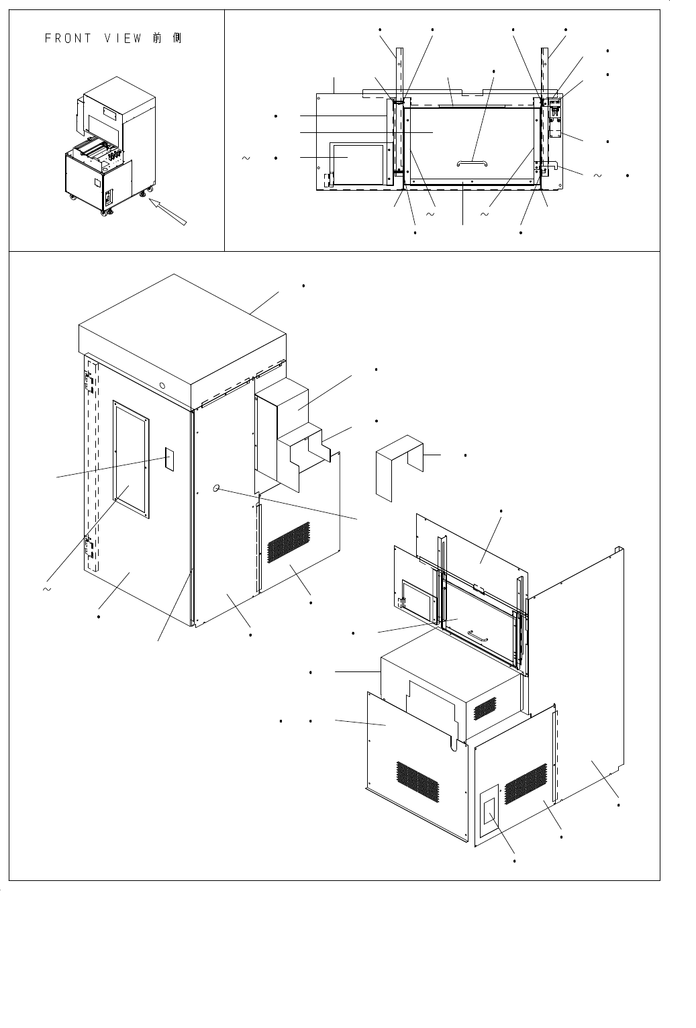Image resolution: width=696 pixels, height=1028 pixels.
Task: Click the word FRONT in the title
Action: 68,38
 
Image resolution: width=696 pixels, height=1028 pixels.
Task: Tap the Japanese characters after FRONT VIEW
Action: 167,38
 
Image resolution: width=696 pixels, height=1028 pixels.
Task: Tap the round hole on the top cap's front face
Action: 162,385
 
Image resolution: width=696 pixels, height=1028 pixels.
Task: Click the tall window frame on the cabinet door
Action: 131,460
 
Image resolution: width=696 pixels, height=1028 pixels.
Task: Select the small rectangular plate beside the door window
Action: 170,459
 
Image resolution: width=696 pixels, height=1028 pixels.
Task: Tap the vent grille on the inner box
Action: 485,707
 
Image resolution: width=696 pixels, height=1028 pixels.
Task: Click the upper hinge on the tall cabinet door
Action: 88,381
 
